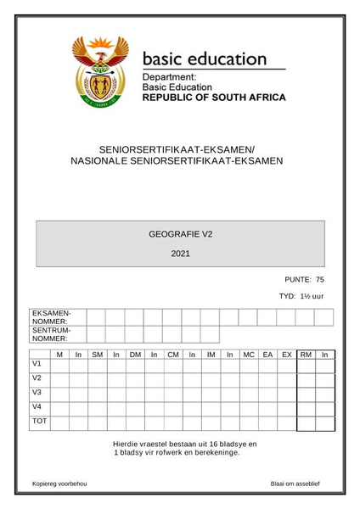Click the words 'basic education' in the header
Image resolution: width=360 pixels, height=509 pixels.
(x=205, y=60)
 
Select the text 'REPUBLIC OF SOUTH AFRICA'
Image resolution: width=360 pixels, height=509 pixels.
(x=213, y=98)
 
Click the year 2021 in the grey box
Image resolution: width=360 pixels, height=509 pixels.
(x=180, y=254)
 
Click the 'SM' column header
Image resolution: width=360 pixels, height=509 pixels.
(x=97, y=355)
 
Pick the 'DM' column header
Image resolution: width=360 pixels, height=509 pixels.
(x=134, y=355)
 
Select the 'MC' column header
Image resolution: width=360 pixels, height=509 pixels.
(x=249, y=355)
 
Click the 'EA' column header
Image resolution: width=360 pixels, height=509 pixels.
(x=268, y=355)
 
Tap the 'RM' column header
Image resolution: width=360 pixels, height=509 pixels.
(x=306, y=355)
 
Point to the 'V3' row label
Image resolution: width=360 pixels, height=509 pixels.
(x=37, y=392)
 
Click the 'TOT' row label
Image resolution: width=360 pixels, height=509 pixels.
(x=39, y=421)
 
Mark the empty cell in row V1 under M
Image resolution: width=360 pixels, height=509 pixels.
(x=59, y=366)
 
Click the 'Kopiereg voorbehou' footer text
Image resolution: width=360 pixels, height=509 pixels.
(x=59, y=484)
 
